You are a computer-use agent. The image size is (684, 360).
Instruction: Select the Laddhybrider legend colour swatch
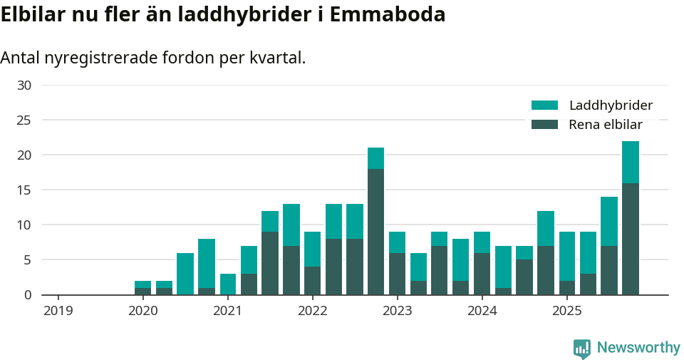(544, 106)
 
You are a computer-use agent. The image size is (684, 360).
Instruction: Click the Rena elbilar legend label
(606, 125)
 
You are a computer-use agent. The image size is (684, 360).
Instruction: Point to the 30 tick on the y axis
(24, 86)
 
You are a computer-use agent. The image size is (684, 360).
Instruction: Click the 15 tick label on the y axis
(24, 190)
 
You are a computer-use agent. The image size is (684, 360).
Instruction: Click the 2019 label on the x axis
(58, 311)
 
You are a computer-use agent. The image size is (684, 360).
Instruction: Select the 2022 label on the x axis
(312, 311)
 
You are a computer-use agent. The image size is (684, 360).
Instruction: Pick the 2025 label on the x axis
(567, 311)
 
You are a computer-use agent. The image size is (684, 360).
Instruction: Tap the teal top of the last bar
(630, 162)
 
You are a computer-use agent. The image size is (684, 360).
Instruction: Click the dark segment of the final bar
(630, 239)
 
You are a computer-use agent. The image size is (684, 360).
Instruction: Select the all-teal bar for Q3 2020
(185, 274)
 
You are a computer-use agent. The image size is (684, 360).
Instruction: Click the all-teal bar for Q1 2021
(227, 284)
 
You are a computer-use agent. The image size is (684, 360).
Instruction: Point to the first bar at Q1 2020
(142, 288)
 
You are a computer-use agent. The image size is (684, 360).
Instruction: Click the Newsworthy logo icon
(581, 348)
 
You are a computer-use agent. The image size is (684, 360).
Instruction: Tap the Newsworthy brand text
(638, 348)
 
